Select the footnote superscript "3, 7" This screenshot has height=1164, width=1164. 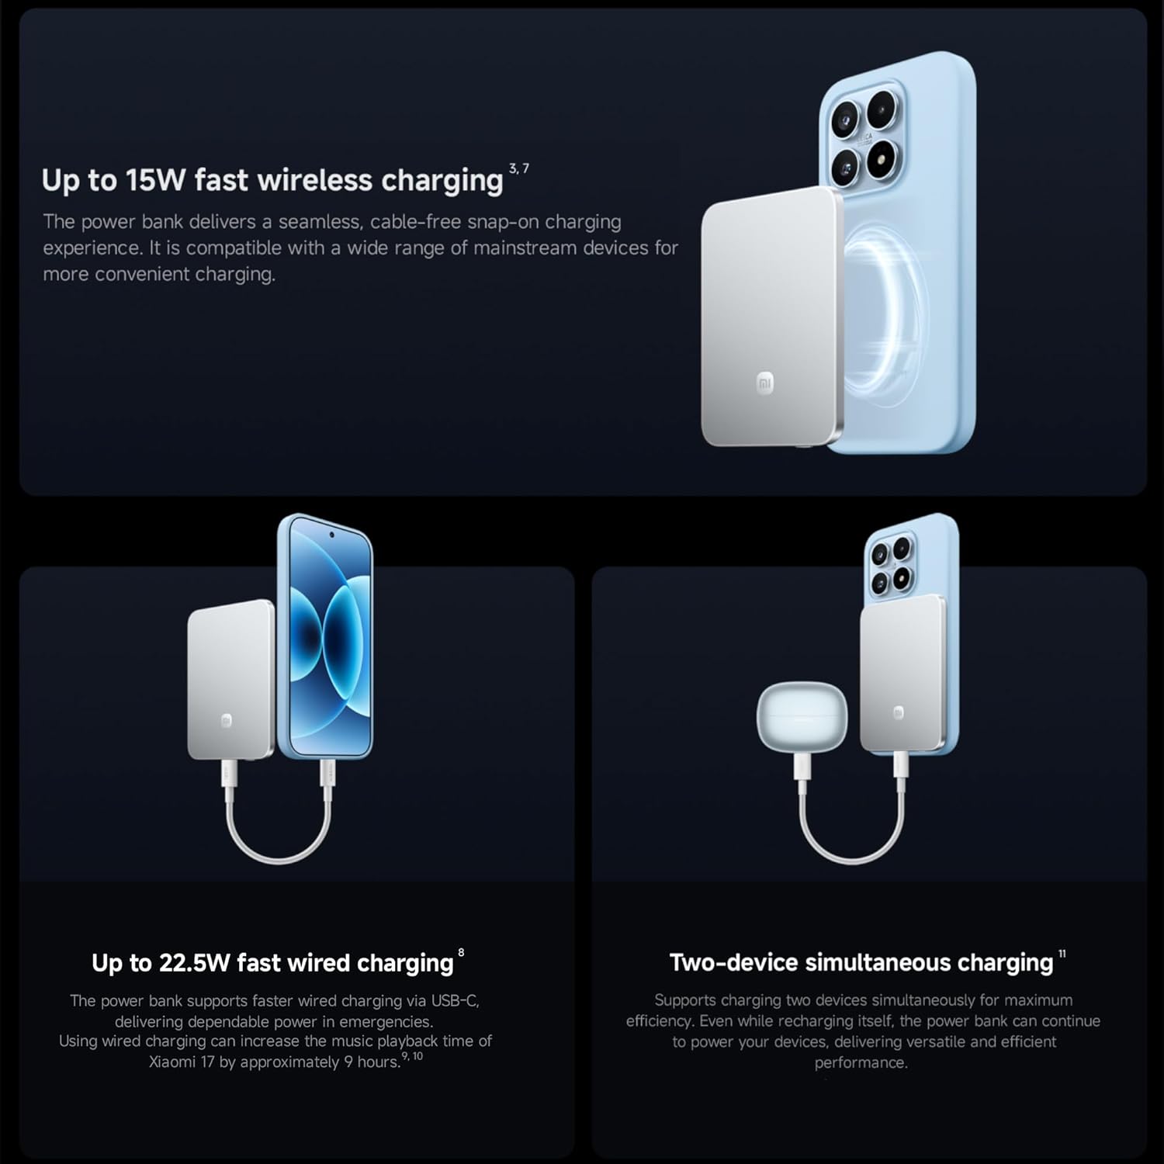tap(519, 168)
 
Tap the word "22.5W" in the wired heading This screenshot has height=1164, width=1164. tap(195, 963)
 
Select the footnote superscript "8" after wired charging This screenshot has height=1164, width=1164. tap(461, 953)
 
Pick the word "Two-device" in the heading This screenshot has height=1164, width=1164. tap(733, 963)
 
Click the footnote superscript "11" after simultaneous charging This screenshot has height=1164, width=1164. tap(1062, 954)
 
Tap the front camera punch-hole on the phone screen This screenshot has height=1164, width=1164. tap(332, 535)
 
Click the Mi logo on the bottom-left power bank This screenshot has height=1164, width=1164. tap(227, 720)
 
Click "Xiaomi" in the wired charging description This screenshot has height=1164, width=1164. tap(171, 1062)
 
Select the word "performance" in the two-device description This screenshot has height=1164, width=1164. tap(860, 1063)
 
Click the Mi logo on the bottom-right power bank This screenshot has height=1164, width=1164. tap(898, 712)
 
